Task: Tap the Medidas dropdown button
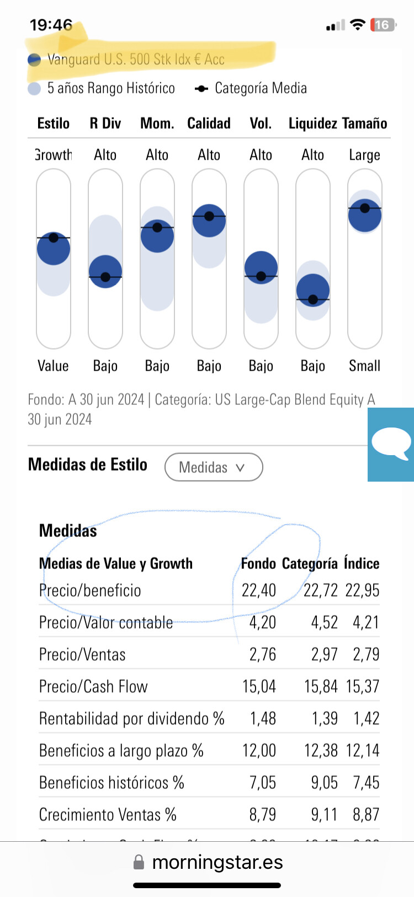[213, 467]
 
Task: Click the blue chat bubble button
[391, 444]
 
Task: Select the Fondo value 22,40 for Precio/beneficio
[258, 590]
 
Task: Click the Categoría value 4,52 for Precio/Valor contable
[324, 622]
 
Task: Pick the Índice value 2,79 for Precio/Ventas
[366, 655]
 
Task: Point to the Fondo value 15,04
[259, 687]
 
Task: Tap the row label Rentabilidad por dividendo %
[131, 719]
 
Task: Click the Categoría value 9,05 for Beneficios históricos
[324, 783]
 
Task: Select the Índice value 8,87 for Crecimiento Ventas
[366, 815]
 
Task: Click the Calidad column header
[209, 123]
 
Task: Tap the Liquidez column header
[312, 123]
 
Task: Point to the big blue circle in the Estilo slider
[54, 249]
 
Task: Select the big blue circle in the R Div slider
[105, 271]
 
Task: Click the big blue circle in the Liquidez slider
[313, 290]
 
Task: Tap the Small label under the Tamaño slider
[364, 366]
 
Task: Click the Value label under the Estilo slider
[53, 366]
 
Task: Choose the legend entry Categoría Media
[251, 88]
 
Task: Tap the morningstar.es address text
[217, 862]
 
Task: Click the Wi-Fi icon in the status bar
[358, 25]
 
